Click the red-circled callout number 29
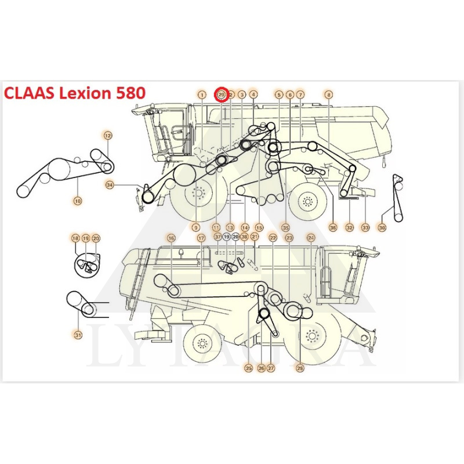pyautogui.click(x=221, y=94)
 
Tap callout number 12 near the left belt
pyautogui.click(x=108, y=135)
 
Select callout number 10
pyautogui.click(x=78, y=201)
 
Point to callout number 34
pyautogui.click(x=110, y=185)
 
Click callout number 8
pyautogui.click(x=329, y=94)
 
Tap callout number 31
pyautogui.click(x=78, y=334)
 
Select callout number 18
pyautogui.click(x=75, y=238)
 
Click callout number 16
pyautogui.click(x=171, y=238)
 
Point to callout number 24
pyautogui.click(x=311, y=238)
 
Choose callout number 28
pyautogui.click(x=300, y=368)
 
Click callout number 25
pyautogui.click(x=249, y=368)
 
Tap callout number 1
pyautogui.click(x=201, y=94)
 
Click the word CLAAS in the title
pyautogui.click(x=30, y=93)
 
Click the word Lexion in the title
pyautogui.click(x=81, y=93)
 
